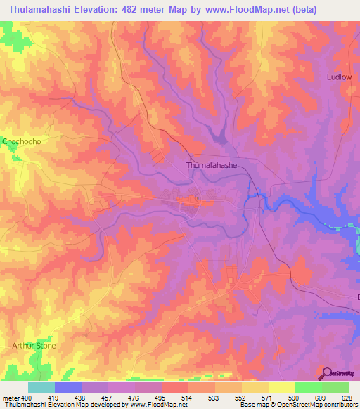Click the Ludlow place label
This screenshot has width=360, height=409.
pos(339,77)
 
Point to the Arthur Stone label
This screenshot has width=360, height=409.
pos(34,346)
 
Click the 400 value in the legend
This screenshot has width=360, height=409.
pos(26,398)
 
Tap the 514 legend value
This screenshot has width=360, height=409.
pos(187,398)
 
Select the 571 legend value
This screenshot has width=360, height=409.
pos(267,398)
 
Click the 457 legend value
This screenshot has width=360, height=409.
pos(107,398)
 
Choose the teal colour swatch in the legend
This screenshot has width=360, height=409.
pos(41,387)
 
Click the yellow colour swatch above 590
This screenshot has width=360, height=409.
pos(281,387)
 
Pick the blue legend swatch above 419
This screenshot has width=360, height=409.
pos(67,387)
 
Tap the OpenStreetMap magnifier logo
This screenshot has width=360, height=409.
pos(326,374)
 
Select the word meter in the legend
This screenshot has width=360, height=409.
pos(10,398)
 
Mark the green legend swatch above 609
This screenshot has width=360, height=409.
pos(308,387)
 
